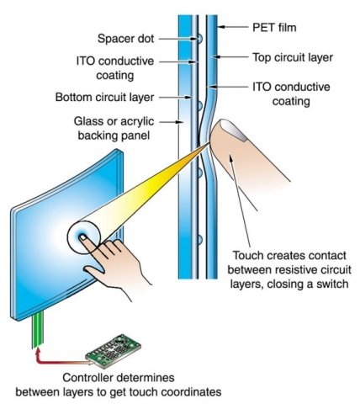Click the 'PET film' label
[274, 28]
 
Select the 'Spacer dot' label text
[125, 39]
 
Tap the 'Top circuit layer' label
[293, 57]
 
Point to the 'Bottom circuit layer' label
[104, 97]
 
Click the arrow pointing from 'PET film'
[233, 27]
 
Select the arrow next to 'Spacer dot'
[178, 39]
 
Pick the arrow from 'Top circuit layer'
[230, 57]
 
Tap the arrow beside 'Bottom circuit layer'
[175, 98]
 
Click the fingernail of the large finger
[232, 129]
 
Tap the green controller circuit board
[114, 350]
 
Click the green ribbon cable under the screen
[38, 330]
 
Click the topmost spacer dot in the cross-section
[199, 39]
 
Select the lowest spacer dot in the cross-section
[199, 240]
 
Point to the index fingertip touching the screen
[83, 238]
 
